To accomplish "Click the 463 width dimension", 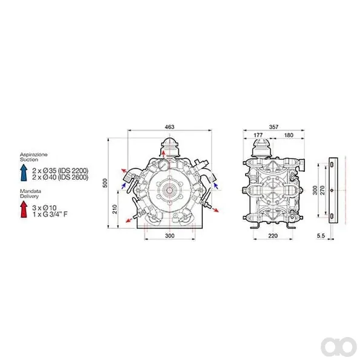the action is [169, 127].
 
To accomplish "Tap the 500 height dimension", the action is [105, 183].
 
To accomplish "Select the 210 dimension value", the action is [114, 209].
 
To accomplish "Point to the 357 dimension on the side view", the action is [273, 127].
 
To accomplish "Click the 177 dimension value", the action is [258, 135].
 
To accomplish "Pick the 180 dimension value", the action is [289, 135].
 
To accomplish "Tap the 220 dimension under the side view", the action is [273, 236].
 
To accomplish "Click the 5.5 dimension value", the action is [321, 236].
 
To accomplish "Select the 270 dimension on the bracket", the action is [322, 190].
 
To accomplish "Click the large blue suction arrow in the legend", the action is [24, 172].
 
